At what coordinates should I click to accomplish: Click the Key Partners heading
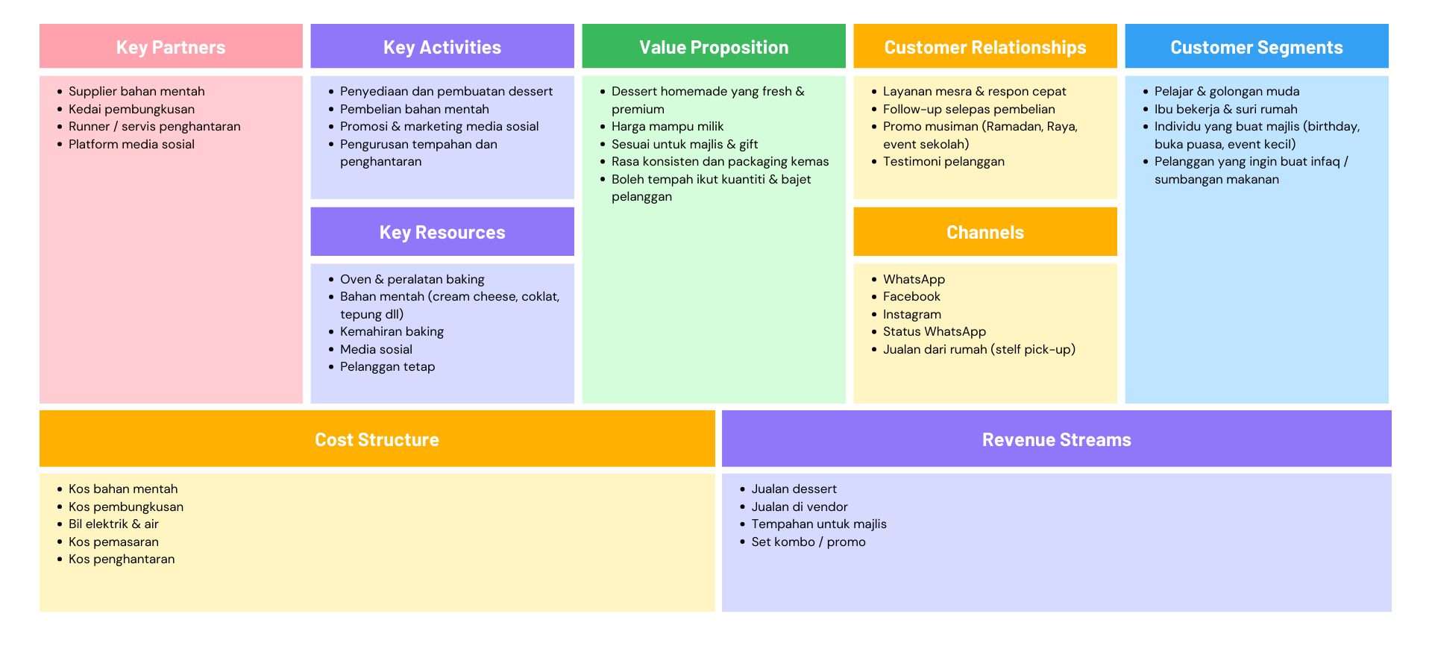coord(171,47)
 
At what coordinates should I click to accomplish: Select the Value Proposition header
coord(714,47)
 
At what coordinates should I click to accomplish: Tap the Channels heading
coord(984,232)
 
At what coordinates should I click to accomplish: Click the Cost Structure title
coord(377,439)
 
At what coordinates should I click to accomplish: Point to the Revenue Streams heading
coord(1056,439)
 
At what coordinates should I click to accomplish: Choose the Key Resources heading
coord(442,232)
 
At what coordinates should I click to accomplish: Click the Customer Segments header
coord(1256,47)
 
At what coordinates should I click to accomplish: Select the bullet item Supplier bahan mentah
coord(136,91)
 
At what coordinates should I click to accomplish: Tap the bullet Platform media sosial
coord(131,144)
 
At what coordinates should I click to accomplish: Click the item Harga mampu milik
coord(668,126)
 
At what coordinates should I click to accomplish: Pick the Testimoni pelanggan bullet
coord(943,161)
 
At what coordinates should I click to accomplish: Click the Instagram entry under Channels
coord(912,314)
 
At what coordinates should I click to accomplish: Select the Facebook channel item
coord(911,296)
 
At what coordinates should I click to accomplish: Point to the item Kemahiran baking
coord(392,331)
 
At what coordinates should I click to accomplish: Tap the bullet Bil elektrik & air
coord(113,524)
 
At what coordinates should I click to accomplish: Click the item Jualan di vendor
coord(800,507)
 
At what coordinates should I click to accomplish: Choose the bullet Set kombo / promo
coord(808,542)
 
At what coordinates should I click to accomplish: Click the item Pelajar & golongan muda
coord(1227,91)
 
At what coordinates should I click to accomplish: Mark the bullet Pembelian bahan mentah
coord(415,109)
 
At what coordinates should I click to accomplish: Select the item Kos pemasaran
coord(113,542)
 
